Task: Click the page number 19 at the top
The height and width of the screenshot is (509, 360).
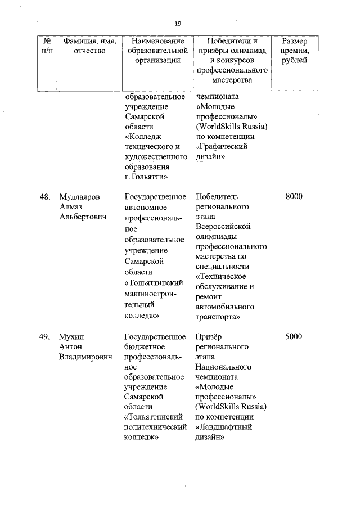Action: (x=178, y=23)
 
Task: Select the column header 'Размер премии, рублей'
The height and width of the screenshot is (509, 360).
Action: (x=294, y=51)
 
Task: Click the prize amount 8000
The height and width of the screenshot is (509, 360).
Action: (x=294, y=196)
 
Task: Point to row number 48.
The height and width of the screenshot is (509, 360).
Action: (x=45, y=196)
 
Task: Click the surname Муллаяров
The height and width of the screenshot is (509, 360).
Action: (x=79, y=196)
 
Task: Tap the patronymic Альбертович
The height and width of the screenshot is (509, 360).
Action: (x=83, y=217)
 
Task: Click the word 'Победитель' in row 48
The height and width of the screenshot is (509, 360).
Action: (x=217, y=196)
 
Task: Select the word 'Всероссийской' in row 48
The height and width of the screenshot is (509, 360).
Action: (x=223, y=226)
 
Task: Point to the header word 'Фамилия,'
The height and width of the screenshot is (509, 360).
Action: (x=81, y=41)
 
